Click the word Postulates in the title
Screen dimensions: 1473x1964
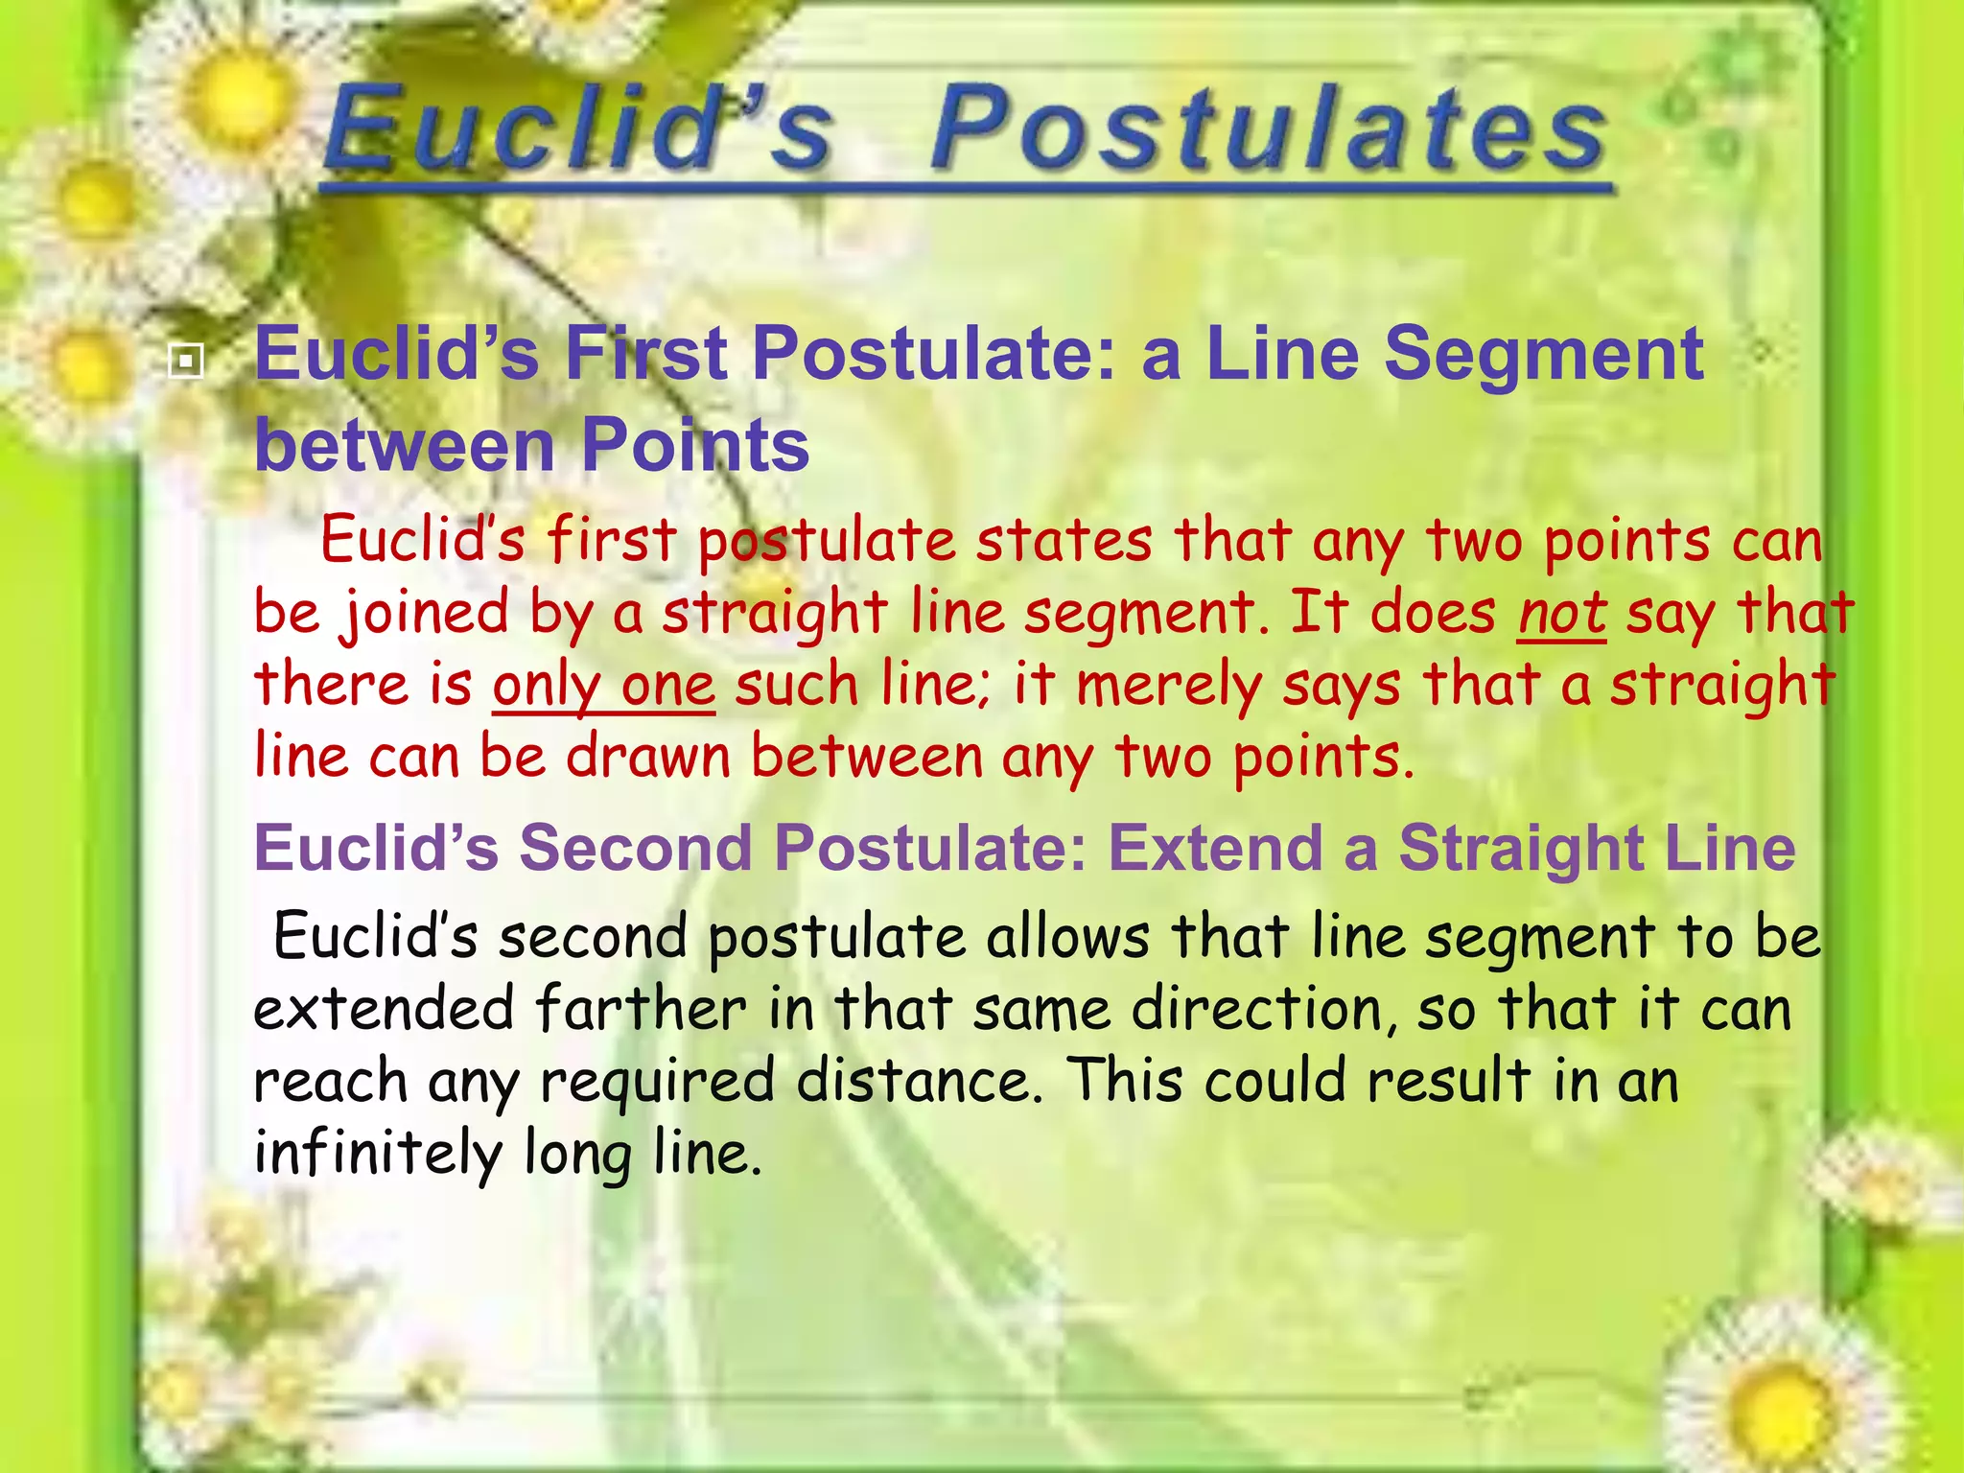click(x=1268, y=129)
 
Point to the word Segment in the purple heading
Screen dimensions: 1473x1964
click(x=1544, y=355)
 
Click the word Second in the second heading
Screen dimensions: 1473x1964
click(x=636, y=849)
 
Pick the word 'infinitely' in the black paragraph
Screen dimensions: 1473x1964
click(x=378, y=1153)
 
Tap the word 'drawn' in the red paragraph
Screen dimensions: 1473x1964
click(x=648, y=758)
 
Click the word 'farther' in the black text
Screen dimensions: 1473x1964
click(x=641, y=1009)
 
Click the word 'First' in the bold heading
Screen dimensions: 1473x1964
click(x=645, y=355)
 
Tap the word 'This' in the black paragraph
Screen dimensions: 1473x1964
click(x=1126, y=1081)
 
